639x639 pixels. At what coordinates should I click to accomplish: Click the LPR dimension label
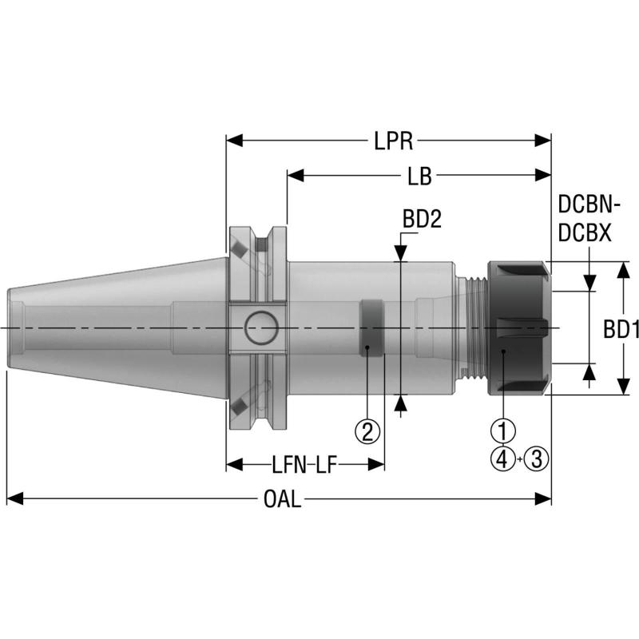pyautogui.click(x=393, y=141)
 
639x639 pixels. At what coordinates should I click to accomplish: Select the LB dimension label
pyautogui.click(x=419, y=177)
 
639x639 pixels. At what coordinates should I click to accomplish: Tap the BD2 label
pyautogui.click(x=422, y=219)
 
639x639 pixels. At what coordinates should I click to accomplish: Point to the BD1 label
pyautogui.click(x=620, y=328)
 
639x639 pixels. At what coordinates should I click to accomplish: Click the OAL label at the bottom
pyautogui.click(x=282, y=500)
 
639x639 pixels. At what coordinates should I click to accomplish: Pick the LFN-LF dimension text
pyautogui.click(x=304, y=464)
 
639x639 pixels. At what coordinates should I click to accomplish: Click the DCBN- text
pyautogui.click(x=589, y=204)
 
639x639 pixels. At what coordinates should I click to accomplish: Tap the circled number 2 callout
pyautogui.click(x=367, y=432)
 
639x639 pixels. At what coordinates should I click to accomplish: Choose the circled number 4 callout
pyautogui.click(x=502, y=458)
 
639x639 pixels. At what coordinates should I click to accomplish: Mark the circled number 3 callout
pyautogui.click(x=537, y=458)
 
